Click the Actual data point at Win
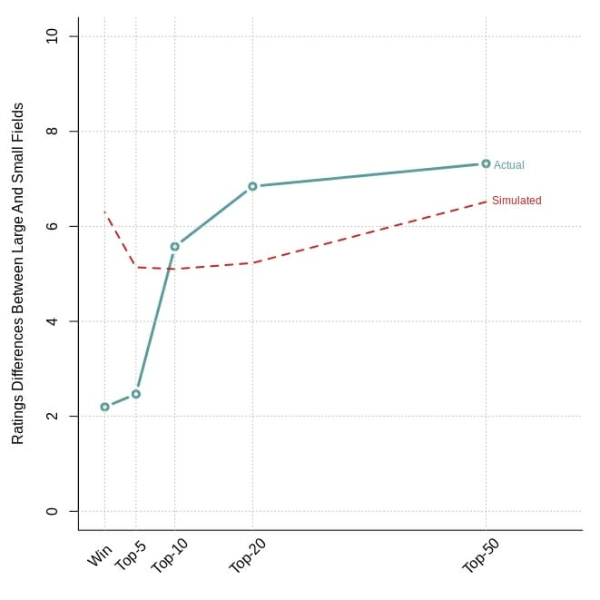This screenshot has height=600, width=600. [x=105, y=407]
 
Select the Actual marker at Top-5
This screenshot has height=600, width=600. [x=136, y=394]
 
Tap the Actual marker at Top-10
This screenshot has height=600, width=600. [x=175, y=247]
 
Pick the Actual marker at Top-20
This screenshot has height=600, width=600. [x=252, y=186]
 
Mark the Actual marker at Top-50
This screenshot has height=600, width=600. [x=486, y=163]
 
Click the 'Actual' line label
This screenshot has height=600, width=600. [x=509, y=165]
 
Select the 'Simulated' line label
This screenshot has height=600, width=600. [x=516, y=201]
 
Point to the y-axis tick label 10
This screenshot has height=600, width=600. [x=52, y=36]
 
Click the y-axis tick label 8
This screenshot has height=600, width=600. [x=52, y=132]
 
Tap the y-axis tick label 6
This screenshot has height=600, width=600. [x=52, y=226]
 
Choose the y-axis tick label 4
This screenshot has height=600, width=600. [x=52, y=321]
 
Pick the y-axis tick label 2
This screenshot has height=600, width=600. [x=52, y=416]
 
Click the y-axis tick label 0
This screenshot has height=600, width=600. [x=52, y=511]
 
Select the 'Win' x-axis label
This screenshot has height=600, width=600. [x=100, y=556]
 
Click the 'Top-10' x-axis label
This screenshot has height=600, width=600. [x=169, y=556]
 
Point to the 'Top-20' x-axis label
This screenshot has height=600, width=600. [x=247, y=556]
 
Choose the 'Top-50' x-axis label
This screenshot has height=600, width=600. [x=480, y=556]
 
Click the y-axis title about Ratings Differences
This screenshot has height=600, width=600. [x=17, y=273]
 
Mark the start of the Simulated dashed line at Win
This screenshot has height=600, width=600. [x=105, y=212]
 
